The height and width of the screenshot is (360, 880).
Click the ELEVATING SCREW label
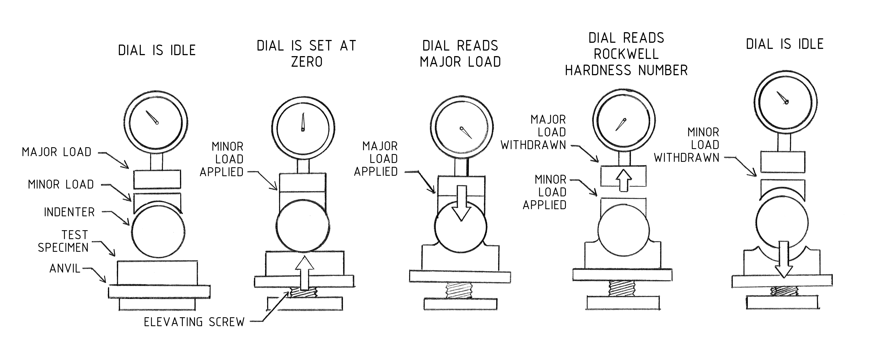tap(194, 322)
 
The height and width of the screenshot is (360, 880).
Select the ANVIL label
tap(65, 269)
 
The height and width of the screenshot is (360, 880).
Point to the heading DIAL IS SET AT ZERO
tap(306, 54)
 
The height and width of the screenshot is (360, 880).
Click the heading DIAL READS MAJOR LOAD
tap(460, 54)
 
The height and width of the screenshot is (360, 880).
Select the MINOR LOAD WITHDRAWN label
tap(687, 145)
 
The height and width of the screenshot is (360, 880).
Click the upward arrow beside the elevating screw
tap(304, 273)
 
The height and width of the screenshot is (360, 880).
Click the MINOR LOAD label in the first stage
tap(61, 184)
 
